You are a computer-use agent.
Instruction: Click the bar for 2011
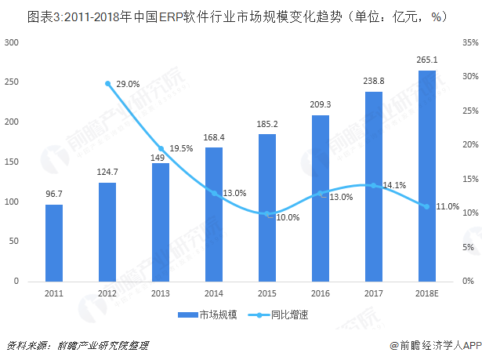(x=54, y=242)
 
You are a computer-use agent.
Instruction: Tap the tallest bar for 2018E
(x=426, y=176)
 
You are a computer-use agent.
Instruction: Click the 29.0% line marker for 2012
(x=107, y=83)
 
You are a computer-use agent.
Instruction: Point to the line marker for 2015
(x=267, y=213)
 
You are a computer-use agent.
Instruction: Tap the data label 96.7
(x=54, y=194)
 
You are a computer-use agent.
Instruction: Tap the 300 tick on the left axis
(x=12, y=42)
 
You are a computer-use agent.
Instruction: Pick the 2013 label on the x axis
(x=161, y=293)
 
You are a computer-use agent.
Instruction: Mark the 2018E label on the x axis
(x=426, y=293)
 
